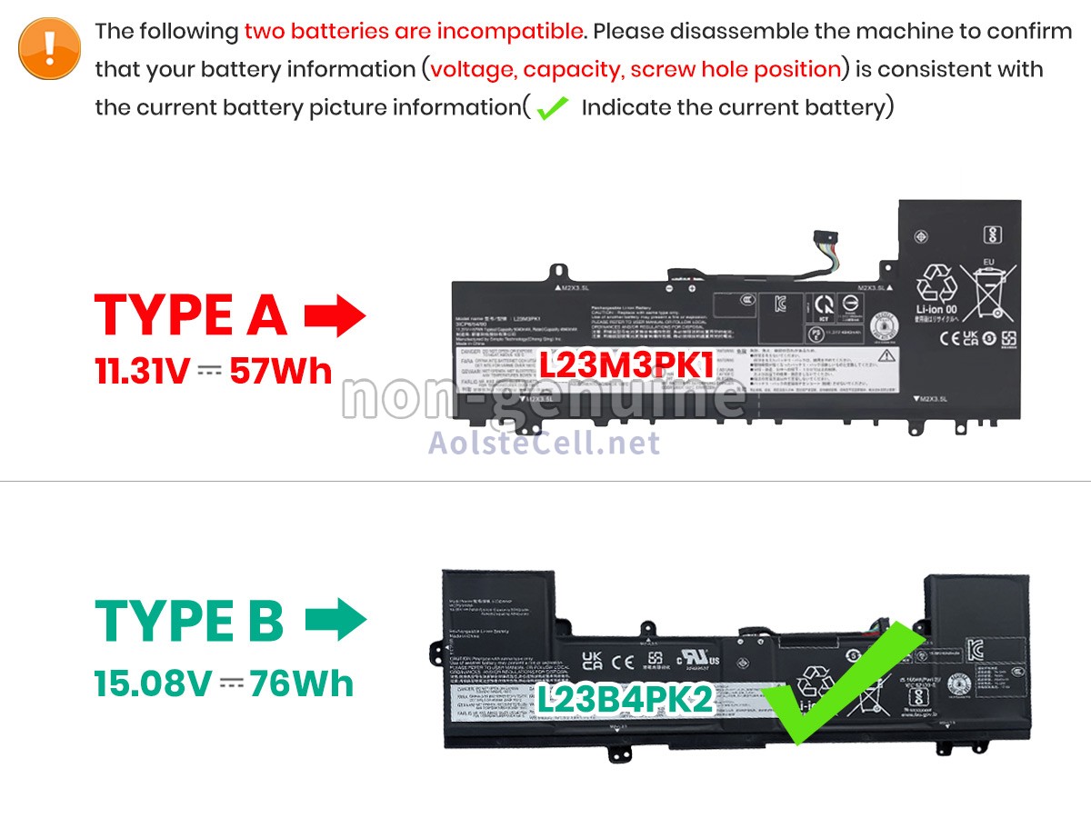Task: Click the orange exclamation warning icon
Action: pyautogui.click(x=50, y=48)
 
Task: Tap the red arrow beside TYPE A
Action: pyautogui.click(x=335, y=316)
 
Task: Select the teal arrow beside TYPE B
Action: pyautogui.click(x=335, y=620)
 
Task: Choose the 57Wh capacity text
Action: pyautogui.click(x=281, y=371)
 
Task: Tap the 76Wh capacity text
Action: pyautogui.click(x=302, y=683)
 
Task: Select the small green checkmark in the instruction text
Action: pyautogui.click(x=552, y=109)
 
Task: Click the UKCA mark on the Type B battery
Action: pyautogui.click(x=592, y=659)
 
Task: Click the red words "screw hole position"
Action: pyautogui.click(x=736, y=69)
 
